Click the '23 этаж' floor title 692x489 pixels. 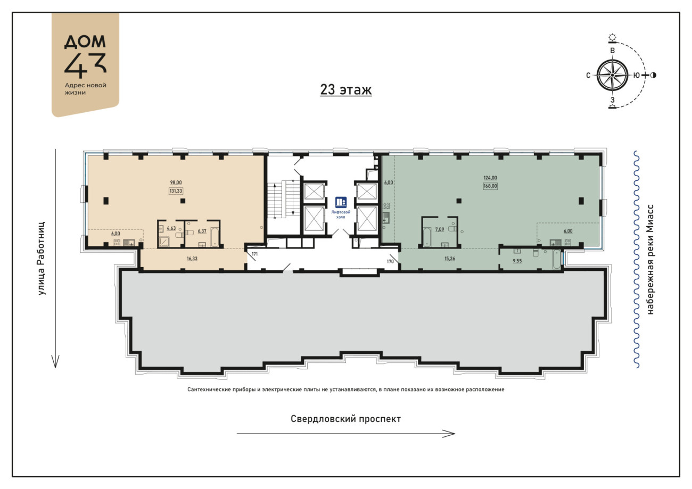point(345,90)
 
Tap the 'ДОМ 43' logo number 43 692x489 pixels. point(85,65)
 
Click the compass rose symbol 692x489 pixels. point(612,76)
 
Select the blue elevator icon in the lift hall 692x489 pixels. point(341,202)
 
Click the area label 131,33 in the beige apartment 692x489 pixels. point(176,191)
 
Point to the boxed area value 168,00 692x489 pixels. point(490,186)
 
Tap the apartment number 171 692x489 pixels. point(254,254)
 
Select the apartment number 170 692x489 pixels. point(390,261)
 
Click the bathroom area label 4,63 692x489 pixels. point(171,228)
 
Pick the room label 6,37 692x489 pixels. point(202,231)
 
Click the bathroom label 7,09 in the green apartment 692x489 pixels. point(440,229)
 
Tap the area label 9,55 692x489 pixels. point(517,261)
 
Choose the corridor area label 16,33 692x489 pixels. point(192,259)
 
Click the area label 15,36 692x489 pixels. point(449,259)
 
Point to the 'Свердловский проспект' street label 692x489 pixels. point(345,419)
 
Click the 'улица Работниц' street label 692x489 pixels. point(42,258)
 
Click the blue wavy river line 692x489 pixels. point(637,259)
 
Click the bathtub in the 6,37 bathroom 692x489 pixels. point(215,237)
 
